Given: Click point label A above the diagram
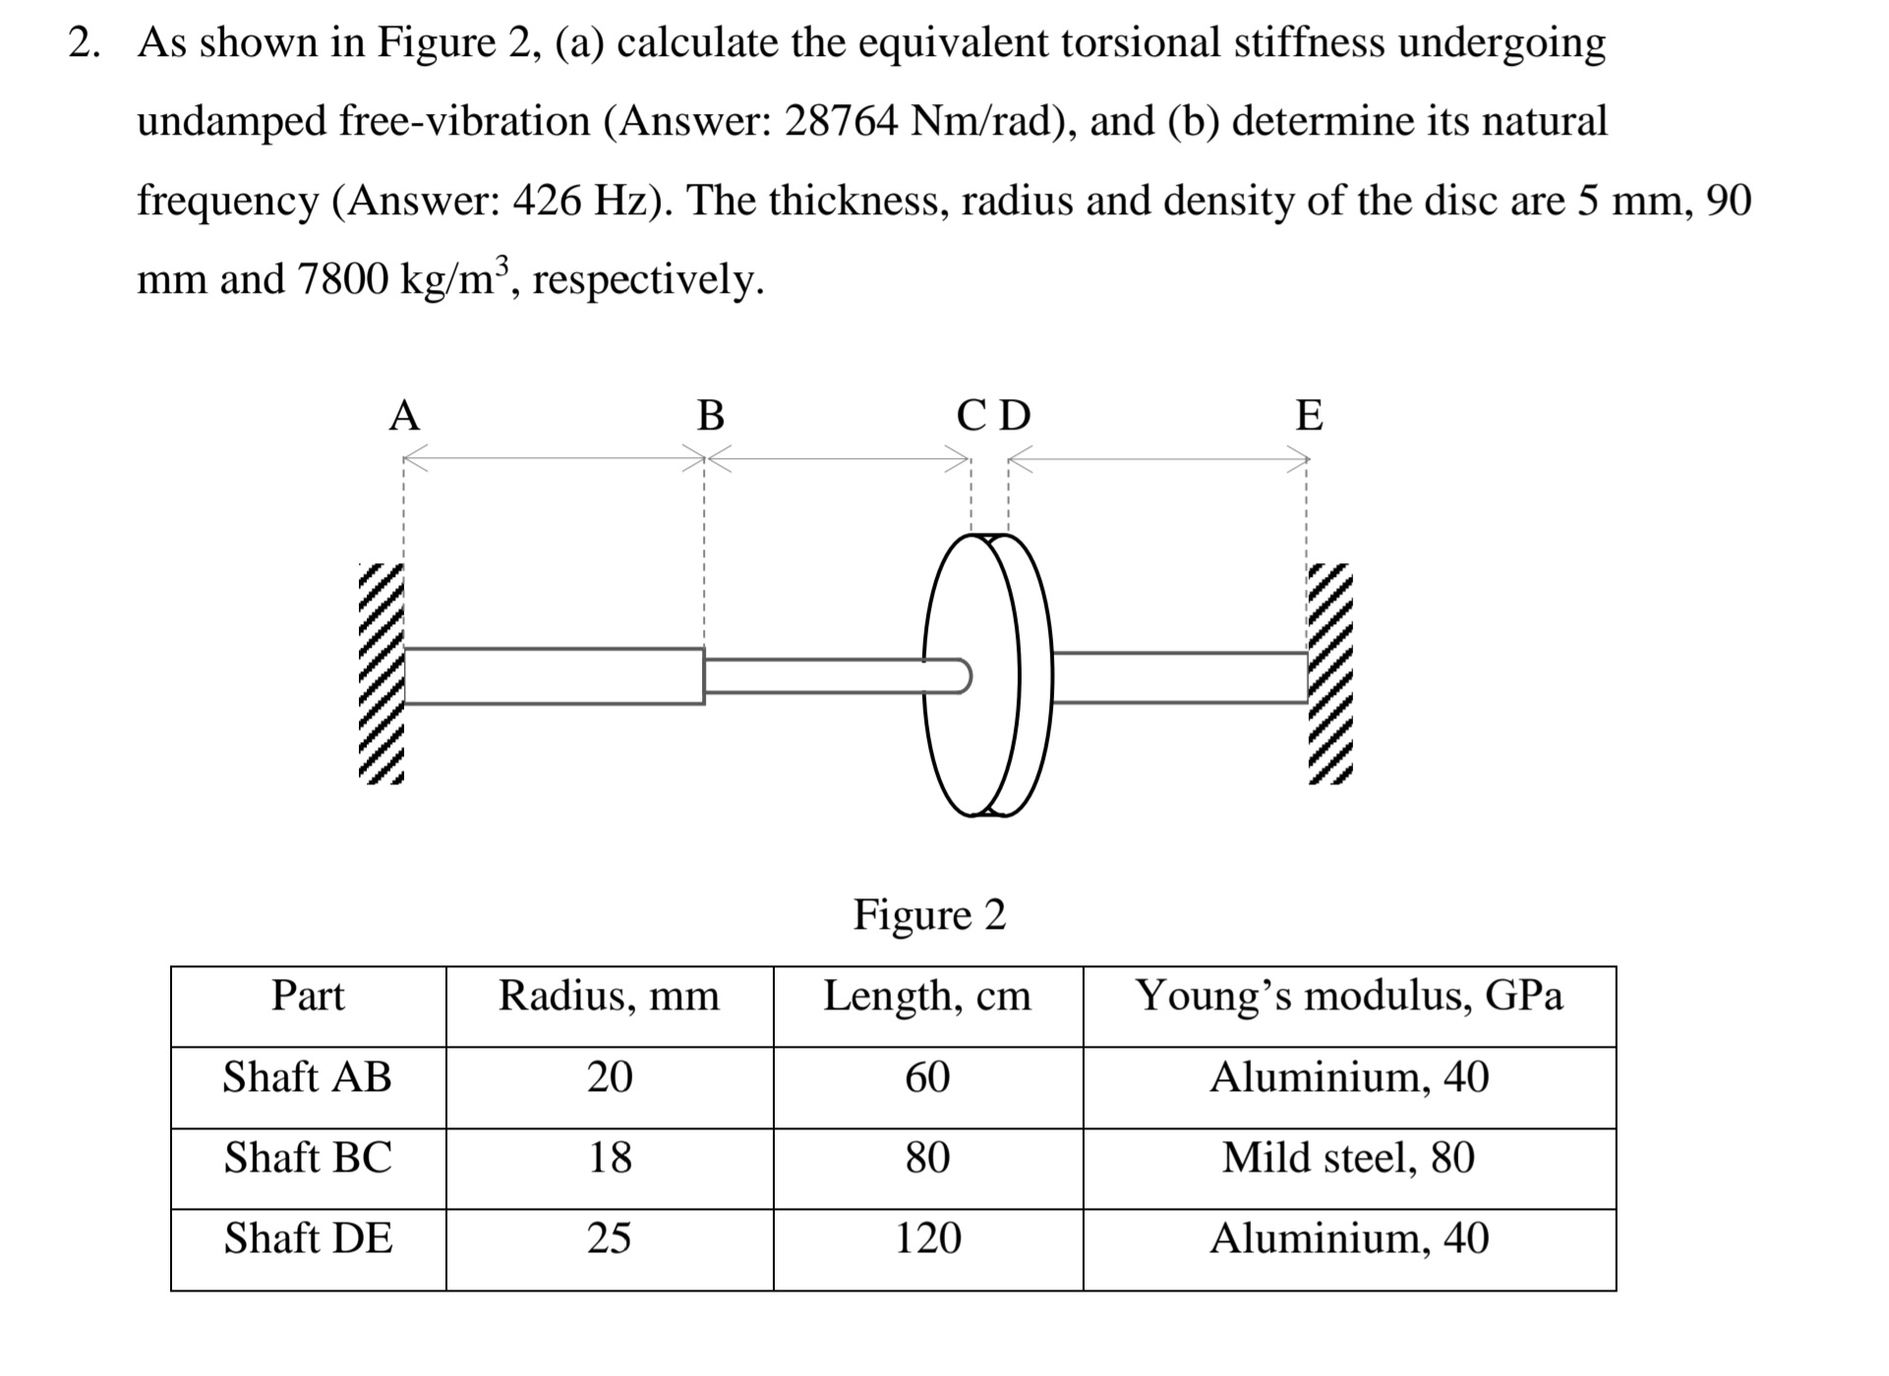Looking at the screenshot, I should click(404, 416).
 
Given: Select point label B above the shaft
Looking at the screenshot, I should click(710, 416).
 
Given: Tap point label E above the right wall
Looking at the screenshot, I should click(1309, 416).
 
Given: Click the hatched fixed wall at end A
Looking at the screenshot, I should click(381, 674).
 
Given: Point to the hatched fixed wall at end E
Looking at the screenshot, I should click(1330, 674).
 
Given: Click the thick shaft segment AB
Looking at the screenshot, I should click(554, 676).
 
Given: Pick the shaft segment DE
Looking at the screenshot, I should click(1180, 676).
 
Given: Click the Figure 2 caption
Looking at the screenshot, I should click(929, 915).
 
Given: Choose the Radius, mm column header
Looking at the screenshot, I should click(609, 996).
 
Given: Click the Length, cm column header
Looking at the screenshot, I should click(927, 996).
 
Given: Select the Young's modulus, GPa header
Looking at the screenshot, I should click(1348, 996).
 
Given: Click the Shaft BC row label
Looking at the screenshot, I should click(308, 1158).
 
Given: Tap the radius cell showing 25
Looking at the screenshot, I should click(609, 1238).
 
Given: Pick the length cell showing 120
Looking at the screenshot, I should click(927, 1238).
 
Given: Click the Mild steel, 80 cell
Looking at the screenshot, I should click(1348, 1158).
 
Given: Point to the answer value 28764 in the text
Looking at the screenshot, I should click(841, 122).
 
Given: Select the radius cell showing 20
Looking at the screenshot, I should click(609, 1077).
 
